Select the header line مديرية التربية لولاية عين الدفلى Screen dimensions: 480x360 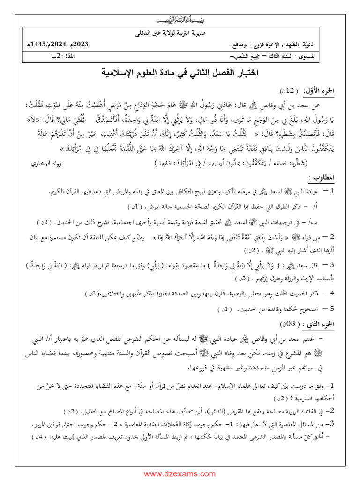click(x=180, y=34)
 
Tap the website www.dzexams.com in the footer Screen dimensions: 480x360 click(x=180, y=473)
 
